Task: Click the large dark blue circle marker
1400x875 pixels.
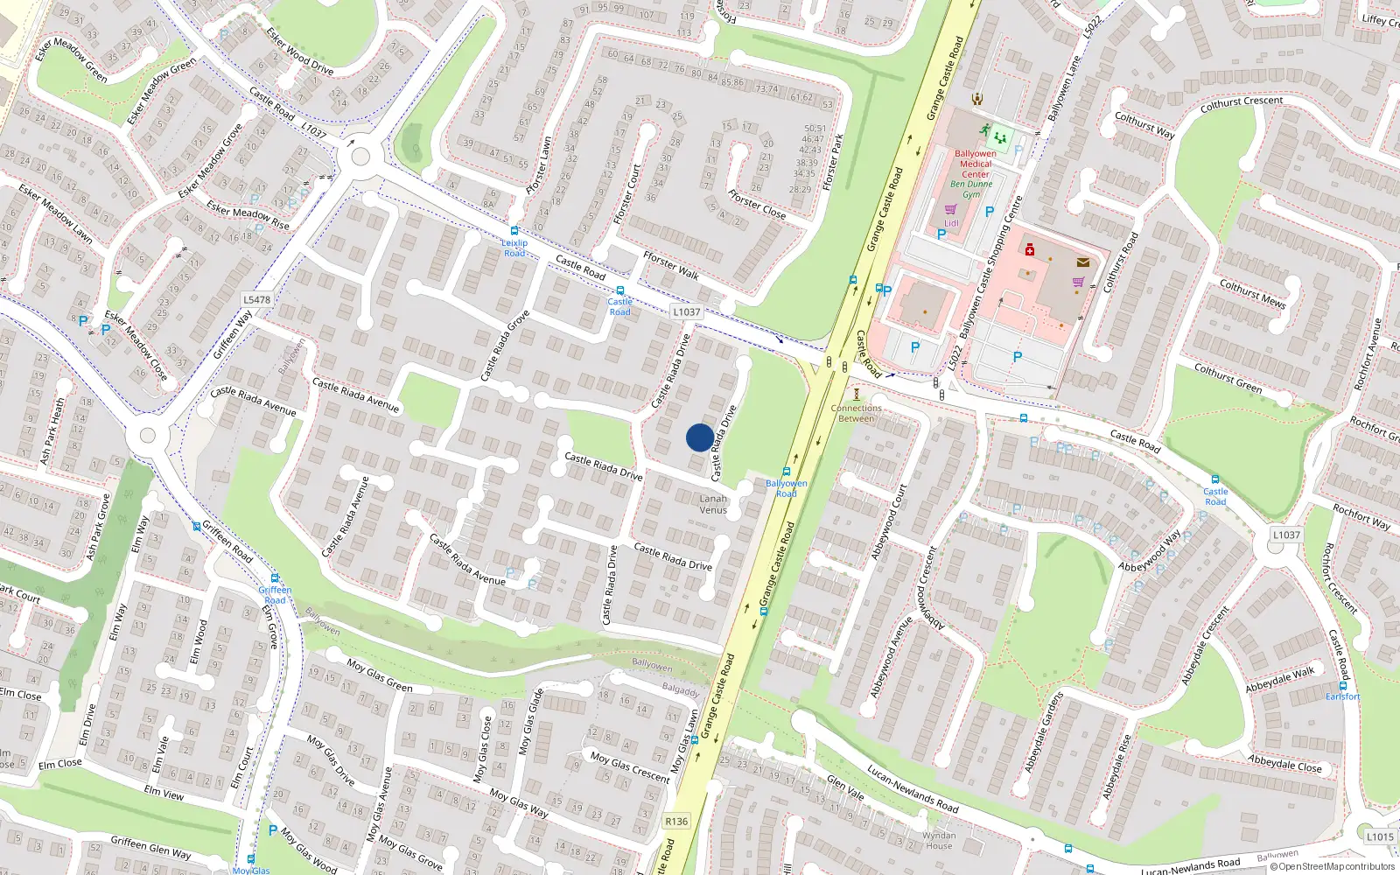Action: (699, 437)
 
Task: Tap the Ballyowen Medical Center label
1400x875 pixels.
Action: (975, 164)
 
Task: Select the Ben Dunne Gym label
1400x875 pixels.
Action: (971, 189)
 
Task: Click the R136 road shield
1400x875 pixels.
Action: (676, 821)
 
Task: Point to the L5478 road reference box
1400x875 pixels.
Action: (256, 299)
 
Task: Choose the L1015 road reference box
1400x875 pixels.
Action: (1380, 836)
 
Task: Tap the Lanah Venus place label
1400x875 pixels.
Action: (713, 504)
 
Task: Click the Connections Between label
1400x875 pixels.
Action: (856, 413)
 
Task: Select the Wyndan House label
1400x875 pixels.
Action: (939, 841)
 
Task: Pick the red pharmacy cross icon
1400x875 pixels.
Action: (1030, 250)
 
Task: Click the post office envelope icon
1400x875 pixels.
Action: (1083, 262)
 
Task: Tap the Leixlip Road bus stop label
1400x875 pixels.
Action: (514, 248)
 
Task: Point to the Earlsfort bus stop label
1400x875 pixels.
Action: (1342, 696)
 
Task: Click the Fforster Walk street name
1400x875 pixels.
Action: (671, 265)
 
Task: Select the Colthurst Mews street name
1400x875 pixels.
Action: (1253, 293)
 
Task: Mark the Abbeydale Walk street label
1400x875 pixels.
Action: (1280, 680)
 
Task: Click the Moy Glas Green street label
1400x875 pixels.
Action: (380, 675)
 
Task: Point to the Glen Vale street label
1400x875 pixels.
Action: (845, 787)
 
